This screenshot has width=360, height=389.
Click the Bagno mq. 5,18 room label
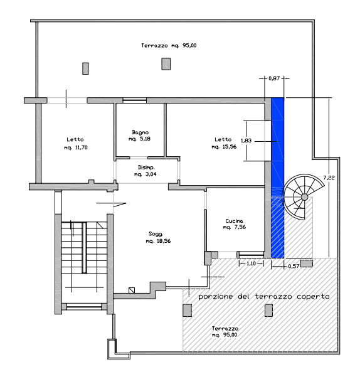[140, 136]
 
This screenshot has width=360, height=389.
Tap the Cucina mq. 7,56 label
[235, 224]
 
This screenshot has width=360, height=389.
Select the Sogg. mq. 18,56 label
[158, 237]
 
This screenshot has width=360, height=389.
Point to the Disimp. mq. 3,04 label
[146, 171]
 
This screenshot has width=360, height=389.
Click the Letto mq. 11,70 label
[76, 144]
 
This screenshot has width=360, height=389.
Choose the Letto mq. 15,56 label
[224, 143]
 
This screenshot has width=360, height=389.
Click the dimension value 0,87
[274, 78]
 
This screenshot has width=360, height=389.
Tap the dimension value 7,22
[329, 178]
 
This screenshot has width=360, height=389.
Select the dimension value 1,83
[246, 141]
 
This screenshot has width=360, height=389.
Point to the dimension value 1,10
[251, 264]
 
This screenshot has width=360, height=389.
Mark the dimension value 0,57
[294, 266]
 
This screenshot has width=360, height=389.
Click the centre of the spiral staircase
[304, 197]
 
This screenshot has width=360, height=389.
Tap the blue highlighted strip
[277, 178]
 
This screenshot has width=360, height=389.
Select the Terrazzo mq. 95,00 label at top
[169, 45]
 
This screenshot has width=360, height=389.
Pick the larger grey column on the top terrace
[166, 64]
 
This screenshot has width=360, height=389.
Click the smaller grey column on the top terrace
[85, 68]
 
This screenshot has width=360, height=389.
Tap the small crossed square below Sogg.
[132, 290]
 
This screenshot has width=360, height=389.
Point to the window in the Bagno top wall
[135, 100]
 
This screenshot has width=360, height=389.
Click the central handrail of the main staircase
[84, 248]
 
